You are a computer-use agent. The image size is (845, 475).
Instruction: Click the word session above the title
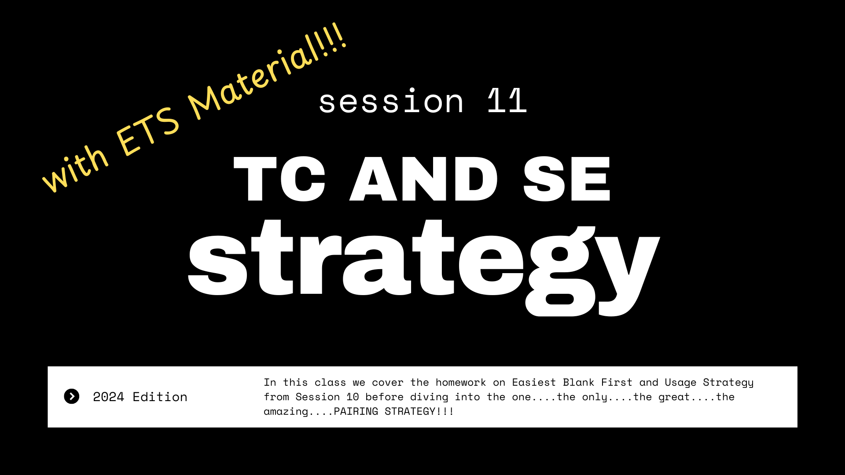coord(391,101)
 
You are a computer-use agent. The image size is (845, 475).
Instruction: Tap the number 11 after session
coord(507,100)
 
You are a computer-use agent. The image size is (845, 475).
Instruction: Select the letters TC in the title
coord(279,179)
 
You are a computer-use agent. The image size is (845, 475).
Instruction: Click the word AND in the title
coord(424,179)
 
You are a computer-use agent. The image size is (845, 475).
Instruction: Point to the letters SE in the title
coord(567,179)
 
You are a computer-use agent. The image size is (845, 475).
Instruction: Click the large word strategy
coord(424,266)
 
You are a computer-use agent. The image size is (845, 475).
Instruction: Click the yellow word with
coord(75,169)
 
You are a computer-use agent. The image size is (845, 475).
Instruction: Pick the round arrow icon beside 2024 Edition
coord(72,396)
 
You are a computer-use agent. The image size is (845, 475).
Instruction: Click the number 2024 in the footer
coord(108,397)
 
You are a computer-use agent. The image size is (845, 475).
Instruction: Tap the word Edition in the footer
coord(160,397)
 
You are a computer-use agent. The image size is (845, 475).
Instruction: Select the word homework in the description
coord(461,383)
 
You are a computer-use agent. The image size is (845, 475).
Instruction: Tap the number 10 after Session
coord(353,397)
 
